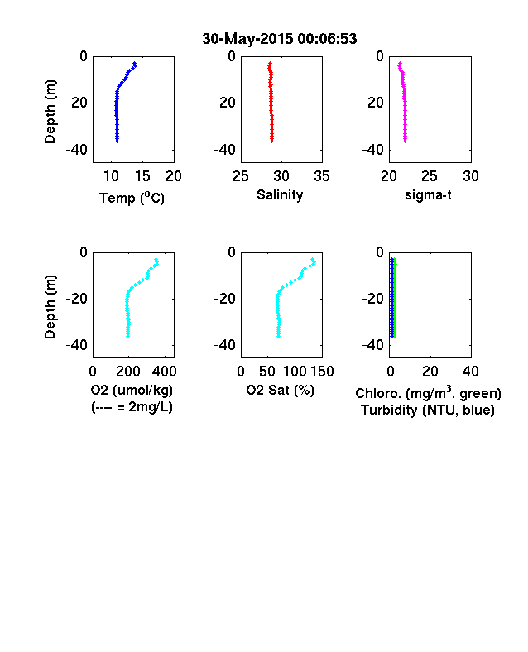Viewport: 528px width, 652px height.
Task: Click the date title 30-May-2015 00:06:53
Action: [280, 39]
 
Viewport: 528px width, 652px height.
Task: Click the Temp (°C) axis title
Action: [132, 198]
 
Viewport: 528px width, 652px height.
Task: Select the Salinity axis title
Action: [280, 194]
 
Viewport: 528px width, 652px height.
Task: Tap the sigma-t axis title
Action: [428, 195]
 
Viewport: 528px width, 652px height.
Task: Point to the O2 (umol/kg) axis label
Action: [132, 390]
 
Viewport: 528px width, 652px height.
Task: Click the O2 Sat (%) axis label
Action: [281, 390]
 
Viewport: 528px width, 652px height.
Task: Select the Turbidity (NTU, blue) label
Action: [428, 410]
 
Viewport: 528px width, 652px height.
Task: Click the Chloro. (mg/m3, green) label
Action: [428, 392]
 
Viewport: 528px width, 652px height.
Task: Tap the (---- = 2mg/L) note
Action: [132, 406]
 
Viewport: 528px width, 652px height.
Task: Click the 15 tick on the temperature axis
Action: [142, 176]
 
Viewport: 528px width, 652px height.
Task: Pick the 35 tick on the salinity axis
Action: [322, 176]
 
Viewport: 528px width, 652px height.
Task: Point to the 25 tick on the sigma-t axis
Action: [429, 176]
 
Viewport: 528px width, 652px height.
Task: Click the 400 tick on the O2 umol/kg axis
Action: [165, 372]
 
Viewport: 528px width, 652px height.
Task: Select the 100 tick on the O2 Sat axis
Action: [295, 372]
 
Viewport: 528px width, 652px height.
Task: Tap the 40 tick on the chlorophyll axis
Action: [470, 372]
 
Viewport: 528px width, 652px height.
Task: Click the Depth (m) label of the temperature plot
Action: [50, 112]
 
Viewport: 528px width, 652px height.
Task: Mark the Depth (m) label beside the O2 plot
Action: [50, 307]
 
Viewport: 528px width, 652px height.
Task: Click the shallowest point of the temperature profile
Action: [135, 63]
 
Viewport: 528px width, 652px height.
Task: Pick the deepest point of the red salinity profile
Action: [272, 141]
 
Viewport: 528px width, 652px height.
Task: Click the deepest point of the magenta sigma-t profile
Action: [405, 141]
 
